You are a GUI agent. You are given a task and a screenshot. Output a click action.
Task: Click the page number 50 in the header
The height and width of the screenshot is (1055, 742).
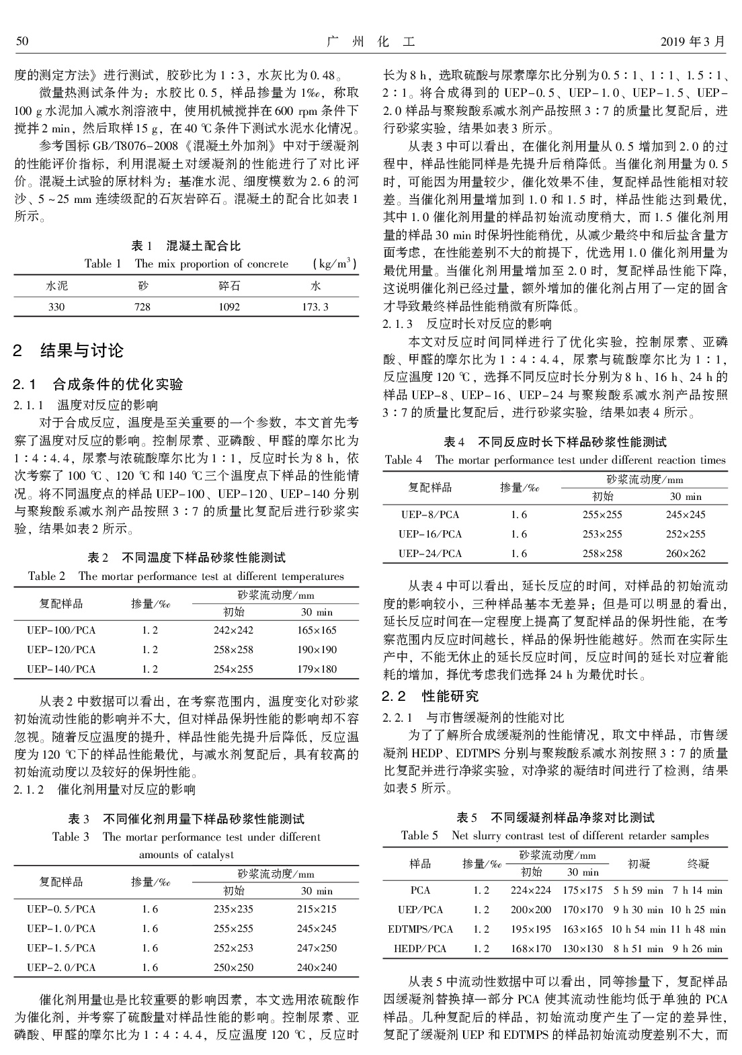22,42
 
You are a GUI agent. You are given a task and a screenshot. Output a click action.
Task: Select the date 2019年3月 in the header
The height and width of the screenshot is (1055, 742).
693,42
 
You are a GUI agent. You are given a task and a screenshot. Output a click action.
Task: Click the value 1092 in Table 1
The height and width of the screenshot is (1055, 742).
229,306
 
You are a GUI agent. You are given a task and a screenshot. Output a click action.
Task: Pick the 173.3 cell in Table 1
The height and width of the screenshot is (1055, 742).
315,306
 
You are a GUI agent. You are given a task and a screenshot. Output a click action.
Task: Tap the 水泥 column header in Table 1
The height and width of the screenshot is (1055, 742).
56,286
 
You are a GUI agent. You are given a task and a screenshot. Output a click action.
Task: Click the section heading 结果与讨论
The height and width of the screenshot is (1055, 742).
82,350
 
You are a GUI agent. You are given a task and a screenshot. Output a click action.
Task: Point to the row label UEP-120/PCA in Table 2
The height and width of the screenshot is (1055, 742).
61,650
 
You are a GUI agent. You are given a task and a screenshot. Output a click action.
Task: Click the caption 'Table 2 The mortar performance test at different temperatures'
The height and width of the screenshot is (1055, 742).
186,576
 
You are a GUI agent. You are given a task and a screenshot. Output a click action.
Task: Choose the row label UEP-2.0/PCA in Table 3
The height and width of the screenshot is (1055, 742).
61,968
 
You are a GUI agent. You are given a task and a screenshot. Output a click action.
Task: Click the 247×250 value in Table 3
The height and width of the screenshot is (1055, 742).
317,948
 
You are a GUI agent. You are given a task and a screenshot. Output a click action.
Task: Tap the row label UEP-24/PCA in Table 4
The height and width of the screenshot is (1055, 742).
430,554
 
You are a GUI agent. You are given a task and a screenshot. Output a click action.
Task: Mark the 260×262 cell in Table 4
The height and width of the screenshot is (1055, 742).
686,554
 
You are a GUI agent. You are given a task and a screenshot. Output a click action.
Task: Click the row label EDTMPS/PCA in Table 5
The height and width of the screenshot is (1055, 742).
421,929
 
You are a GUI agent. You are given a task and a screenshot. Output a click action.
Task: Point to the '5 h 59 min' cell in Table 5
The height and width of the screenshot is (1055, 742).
638,890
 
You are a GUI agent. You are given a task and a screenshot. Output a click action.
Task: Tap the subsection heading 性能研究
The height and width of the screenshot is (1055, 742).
450,695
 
